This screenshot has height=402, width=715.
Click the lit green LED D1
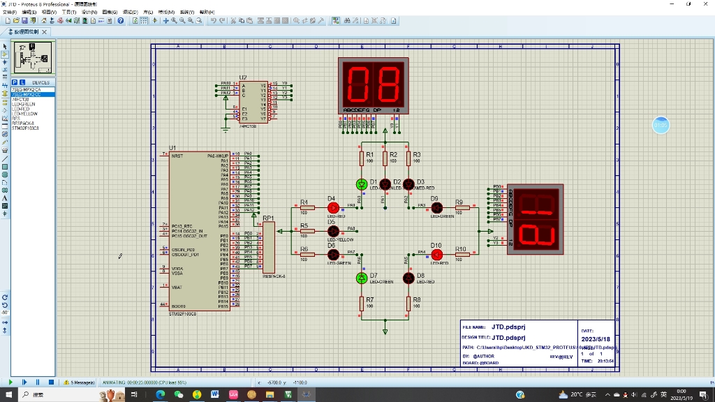[362, 184]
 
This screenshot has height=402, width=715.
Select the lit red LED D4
[333, 208]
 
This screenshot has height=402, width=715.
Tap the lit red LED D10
[436, 254]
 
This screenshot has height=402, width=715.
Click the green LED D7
[362, 278]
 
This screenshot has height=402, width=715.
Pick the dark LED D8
[409, 278]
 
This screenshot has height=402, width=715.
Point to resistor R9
[459, 208]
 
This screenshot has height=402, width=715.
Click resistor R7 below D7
[362, 303]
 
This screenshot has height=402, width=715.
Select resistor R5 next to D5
[304, 231]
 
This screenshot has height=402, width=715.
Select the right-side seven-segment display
[535, 218]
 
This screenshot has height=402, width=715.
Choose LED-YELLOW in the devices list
[24, 114]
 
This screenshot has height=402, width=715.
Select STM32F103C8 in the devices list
[26, 128]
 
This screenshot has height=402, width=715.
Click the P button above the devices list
[15, 82]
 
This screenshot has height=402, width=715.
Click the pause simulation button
[38, 382]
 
